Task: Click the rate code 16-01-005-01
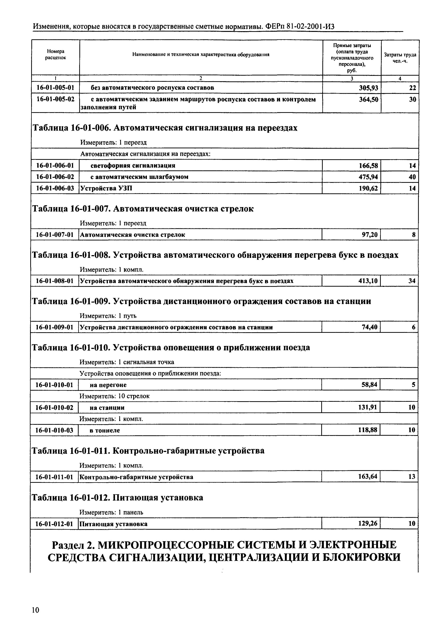(x=55, y=88)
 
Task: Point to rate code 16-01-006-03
(x=55, y=189)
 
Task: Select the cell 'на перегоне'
(x=108, y=385)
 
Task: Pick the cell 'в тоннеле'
(x=105, y=430)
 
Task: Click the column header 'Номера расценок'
(x=56, y=55)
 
